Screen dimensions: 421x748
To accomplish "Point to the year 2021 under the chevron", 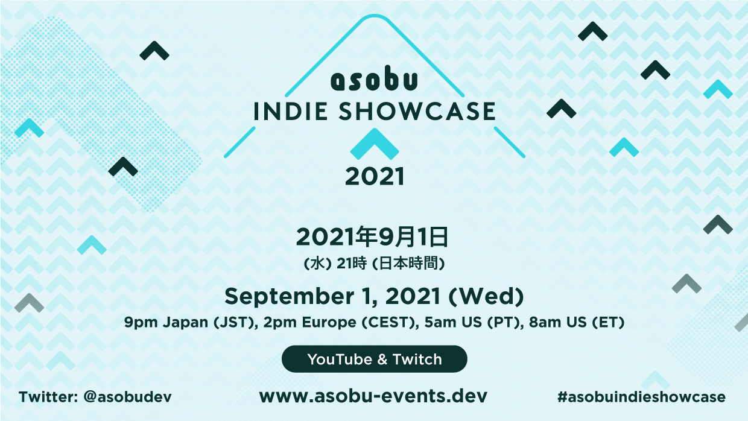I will [x=374, y=177].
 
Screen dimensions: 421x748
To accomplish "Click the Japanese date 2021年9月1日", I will [x=372, y=238].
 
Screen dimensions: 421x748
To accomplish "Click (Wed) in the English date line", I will [x=488, y=296].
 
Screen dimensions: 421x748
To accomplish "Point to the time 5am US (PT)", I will [x=473, y=323].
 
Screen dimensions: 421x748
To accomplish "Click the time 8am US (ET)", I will [x=576, y=323].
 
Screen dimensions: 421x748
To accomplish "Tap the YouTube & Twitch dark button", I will [x=374, y=359].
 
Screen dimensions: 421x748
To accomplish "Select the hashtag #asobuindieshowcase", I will [x=641, y=397].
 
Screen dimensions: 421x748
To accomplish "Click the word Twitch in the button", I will [x=417, y=359].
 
